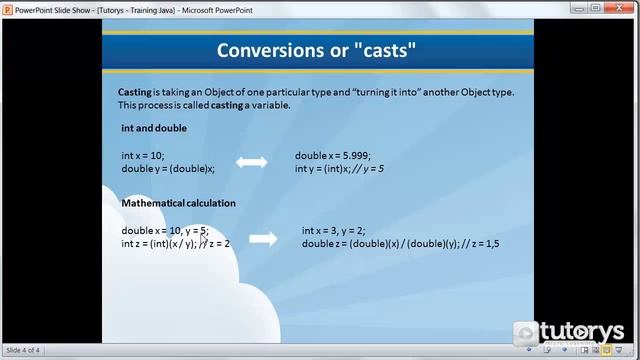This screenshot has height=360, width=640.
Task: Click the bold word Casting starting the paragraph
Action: [136, 92]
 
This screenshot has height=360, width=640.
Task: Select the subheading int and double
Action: [154, 128]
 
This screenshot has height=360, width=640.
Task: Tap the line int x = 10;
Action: [142, 155]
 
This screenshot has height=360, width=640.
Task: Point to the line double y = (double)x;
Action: [168, 168]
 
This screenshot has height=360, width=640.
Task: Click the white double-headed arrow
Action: [251, 161]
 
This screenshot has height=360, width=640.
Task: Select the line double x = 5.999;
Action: [333, 155]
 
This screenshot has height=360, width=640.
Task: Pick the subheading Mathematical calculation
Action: [178, 203]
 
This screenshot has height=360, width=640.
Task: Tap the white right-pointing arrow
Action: [263, 238]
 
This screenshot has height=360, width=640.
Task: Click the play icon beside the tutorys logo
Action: [526, 332]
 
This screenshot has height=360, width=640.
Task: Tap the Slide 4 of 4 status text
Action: [23, 351]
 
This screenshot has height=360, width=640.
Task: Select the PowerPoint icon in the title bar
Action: [8, 8]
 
